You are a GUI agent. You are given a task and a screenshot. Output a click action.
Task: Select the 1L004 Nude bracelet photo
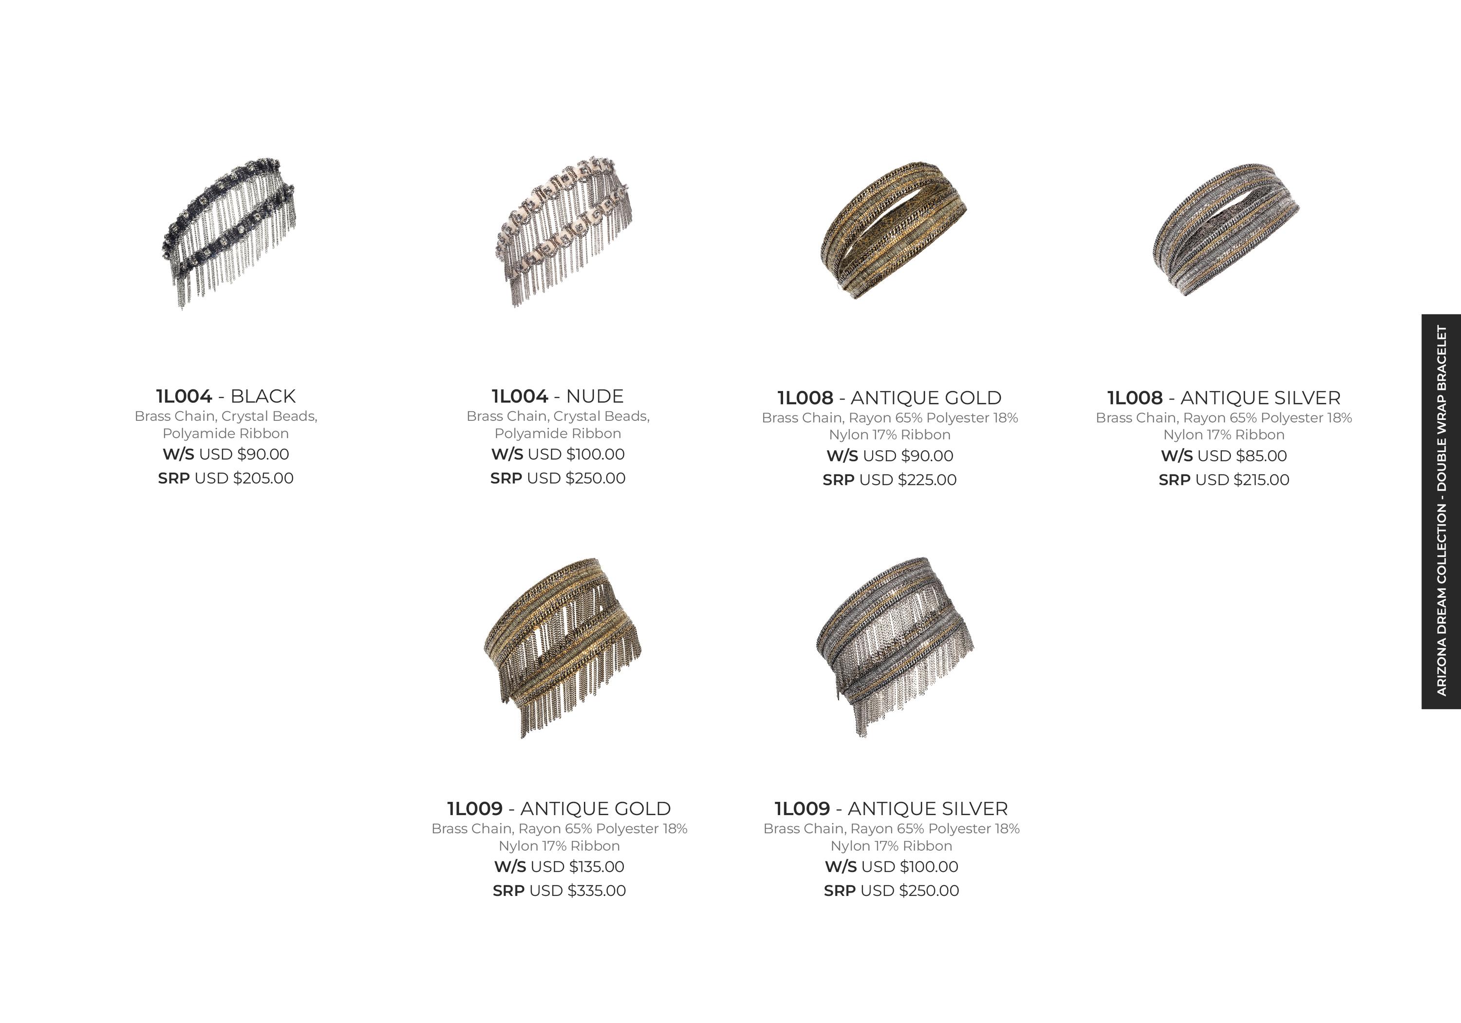point(563,231)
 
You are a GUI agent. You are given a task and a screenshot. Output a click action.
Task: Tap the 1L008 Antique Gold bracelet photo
point(893,230)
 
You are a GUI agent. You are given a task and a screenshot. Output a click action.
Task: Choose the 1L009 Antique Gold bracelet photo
point(562,647)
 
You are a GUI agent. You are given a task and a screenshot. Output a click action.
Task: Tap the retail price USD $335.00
point(578,890)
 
